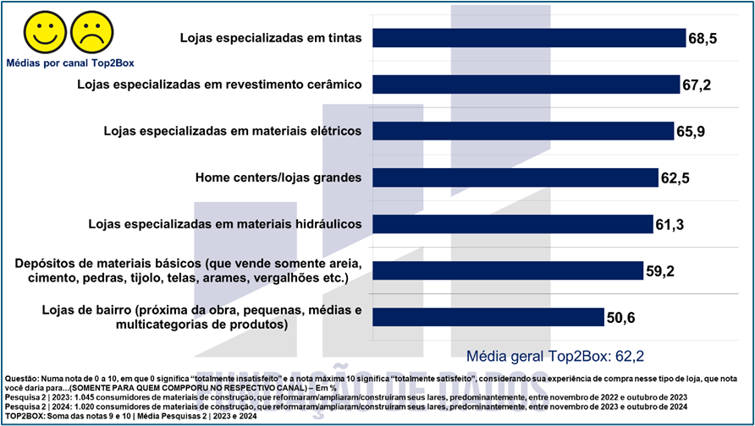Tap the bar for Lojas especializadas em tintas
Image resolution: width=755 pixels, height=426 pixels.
pos(529,38)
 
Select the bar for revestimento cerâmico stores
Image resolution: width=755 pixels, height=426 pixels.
pos(526,85)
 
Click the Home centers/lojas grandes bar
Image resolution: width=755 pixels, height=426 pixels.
pos(515,177)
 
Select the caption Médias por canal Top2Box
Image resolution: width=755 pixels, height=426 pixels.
pos(69,62)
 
